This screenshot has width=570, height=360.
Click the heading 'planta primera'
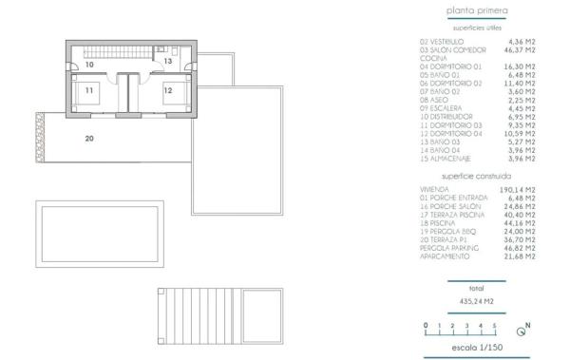click(477, 11)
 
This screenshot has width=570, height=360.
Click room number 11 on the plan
click(88, 90)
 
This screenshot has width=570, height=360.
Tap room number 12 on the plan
click(167, 90)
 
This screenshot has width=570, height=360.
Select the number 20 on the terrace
click(89, 139)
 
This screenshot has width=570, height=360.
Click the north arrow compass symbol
click(522, 331)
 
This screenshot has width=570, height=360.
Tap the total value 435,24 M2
click(477, 301)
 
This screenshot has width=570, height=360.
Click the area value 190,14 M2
click(519, 189)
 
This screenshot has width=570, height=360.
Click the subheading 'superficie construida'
click(477, 177)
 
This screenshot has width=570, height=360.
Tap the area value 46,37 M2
click(519, 49)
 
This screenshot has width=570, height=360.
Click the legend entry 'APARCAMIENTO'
click(446, 256)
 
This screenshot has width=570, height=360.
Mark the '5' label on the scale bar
click(495, 326)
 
